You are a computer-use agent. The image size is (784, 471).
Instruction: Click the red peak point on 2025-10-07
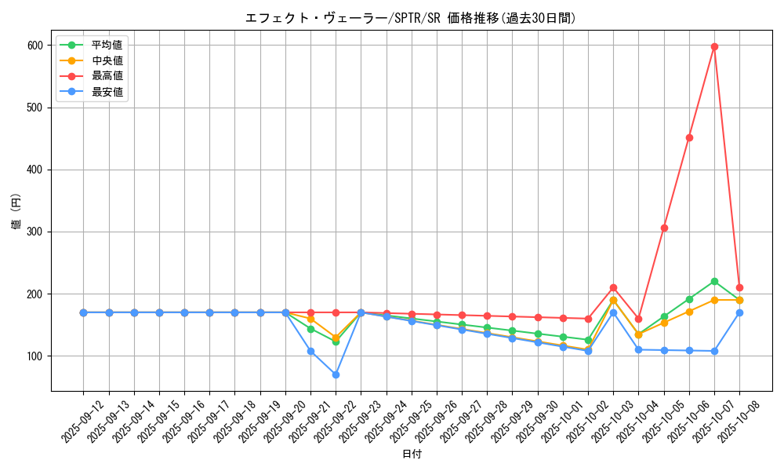point(714,46)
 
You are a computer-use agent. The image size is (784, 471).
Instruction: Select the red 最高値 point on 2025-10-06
point(689,137)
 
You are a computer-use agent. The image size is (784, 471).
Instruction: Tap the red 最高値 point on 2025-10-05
point(664,228)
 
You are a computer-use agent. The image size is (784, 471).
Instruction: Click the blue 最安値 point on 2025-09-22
point(336,374)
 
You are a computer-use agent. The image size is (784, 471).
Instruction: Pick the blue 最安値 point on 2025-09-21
point(310,351)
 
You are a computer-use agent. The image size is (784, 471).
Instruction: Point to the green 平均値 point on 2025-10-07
point(714,281)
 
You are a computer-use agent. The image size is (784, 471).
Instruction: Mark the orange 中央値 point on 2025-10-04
point(638,334)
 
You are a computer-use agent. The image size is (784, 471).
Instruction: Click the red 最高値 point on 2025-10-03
point(613,287)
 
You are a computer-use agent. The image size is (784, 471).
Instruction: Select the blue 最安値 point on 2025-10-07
point(714,351)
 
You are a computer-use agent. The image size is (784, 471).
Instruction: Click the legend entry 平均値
point(107,45)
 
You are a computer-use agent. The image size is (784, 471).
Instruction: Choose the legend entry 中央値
point(107,60)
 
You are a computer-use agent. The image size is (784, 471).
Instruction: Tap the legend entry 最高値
point(107,76)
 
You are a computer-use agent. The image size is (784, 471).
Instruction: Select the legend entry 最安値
point(107,92)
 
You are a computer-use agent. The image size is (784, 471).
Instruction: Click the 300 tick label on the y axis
point(34,232)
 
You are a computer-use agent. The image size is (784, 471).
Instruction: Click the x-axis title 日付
point(412,455)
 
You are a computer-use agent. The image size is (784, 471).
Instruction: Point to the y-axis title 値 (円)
point(16,211)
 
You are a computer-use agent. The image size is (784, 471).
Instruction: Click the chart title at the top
point(412,18)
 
